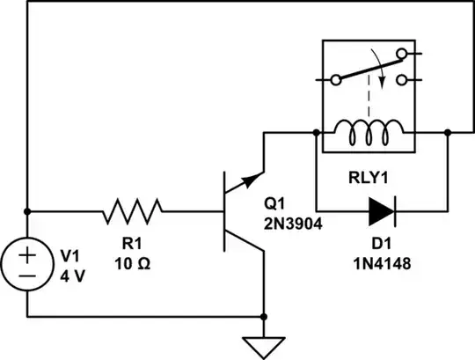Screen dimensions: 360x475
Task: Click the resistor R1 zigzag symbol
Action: (x=133, y=211)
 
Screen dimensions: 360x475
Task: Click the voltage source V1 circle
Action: (x=28, y=263)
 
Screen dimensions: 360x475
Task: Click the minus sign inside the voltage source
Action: (x=28, y=274)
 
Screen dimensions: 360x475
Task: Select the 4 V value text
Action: (x=70, y=275)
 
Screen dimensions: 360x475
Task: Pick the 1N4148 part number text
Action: (x=383, y=261)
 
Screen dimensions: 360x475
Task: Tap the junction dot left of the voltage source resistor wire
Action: (x=28, y=211)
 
